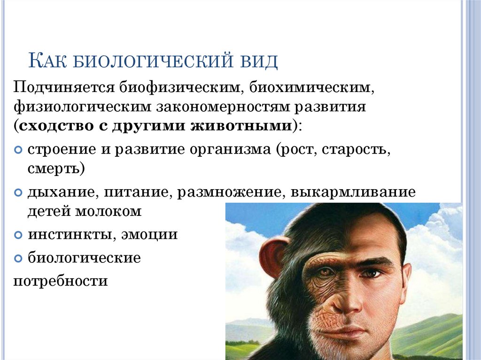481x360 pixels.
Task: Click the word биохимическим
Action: tap(302, 88)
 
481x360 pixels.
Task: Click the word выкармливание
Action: tap(353, 192)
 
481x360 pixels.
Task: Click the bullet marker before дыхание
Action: tap(18, 193)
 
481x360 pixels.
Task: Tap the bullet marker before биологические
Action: tap(18, 258)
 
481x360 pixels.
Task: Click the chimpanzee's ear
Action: tap(272, 256)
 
